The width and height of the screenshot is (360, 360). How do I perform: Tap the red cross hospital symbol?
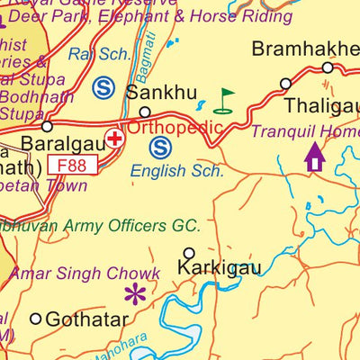pyautogui.click(x=115, y=139)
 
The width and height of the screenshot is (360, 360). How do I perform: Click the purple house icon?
pyautogui.click(x=314, y=157)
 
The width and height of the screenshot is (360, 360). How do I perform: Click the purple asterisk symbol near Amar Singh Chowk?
pyautogui.click(x=135, y=293)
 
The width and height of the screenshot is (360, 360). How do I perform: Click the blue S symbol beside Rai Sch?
pyautogui.click(x=103, y=87)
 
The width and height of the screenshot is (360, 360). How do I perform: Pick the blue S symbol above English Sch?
pyautogui.click(x=160, y=146)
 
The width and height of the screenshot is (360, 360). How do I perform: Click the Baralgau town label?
pyautogui.click(x=56, y=143)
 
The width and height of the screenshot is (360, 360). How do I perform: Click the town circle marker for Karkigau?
pyautogui.click(x=189, y=253)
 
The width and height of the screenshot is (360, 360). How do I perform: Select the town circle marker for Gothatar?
pyautogui.click(x=36, y=318)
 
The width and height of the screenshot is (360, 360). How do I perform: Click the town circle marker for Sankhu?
pyautogui.click(x=143, y=112)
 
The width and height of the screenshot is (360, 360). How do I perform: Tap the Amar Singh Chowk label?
pyautogui.click(x=96, y=273)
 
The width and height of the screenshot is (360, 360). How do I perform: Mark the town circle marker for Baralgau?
pyautogui.click(x=47, y=126)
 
